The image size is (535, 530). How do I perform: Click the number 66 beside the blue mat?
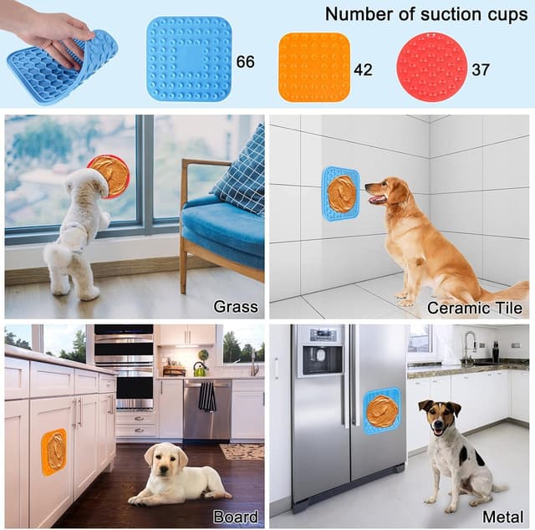click(x=246, y=62)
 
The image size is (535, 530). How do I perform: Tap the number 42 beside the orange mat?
click(x=363, y=69)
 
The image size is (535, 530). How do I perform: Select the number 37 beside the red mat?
click(x=481, y=69)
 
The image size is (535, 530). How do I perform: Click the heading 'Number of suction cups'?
click(x=423, y=14)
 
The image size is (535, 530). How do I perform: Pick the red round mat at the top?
click(x=431, y=67)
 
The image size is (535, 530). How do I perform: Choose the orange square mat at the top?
click(x=314, y=67)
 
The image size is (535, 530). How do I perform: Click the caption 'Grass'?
click(x=235, y=307)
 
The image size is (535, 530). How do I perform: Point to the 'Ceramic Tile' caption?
click(x=475, y=308)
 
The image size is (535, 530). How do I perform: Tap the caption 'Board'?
click(x=236, y=517)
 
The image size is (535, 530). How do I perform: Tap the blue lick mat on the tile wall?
click(x=340, y=194)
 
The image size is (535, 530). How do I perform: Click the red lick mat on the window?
click(x=109, y=175)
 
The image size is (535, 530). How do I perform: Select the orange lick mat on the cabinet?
click(x=54, y=452)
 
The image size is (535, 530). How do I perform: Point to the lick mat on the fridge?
click(x=382, y=410)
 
